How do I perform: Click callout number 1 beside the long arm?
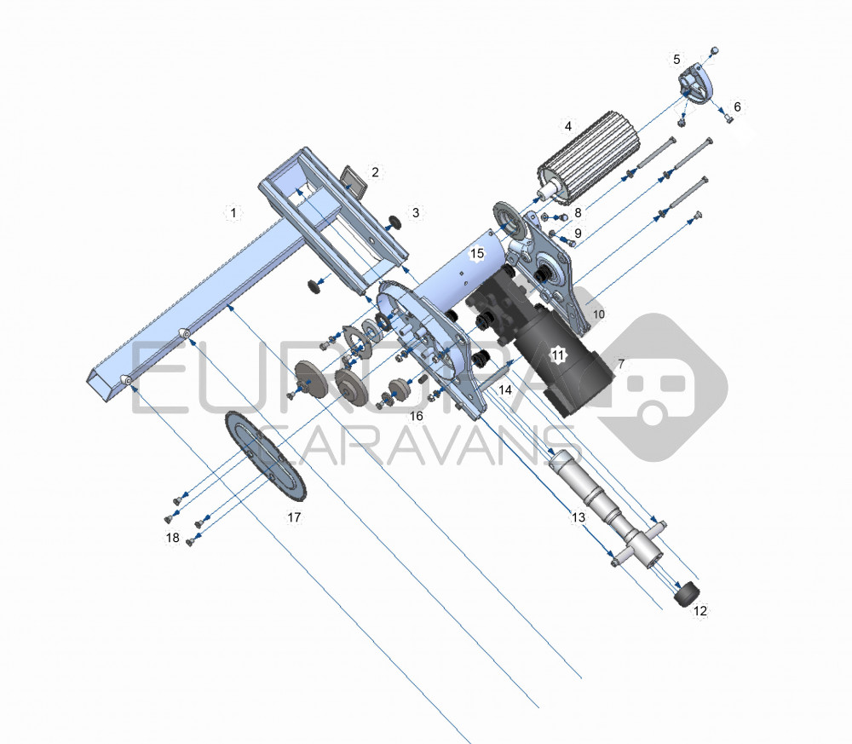(x=231, y=211)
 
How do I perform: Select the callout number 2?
(x=375, y=172)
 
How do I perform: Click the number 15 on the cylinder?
(x=477, y=253)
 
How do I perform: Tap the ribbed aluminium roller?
(x=576, y=167)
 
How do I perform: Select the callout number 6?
(x=737, y=107)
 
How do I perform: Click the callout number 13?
(x=579, y=517)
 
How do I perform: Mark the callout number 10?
(x=598, y=314)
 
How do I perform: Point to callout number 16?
(x=416, y=415)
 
